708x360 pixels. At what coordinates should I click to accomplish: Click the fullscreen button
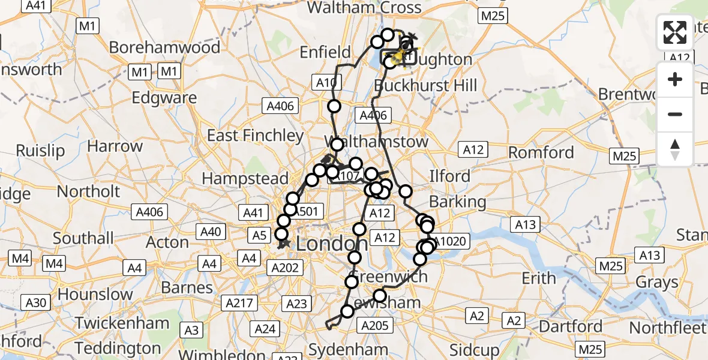point(675,32)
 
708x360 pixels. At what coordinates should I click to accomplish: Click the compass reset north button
point(675,149)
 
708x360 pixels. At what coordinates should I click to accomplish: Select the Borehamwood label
point(164,47)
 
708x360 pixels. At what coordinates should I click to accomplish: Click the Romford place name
point(542,152)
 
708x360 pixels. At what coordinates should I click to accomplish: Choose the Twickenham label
point(122,323)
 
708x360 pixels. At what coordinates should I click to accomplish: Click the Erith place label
point(538,278)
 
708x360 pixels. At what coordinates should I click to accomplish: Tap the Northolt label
point(88,191)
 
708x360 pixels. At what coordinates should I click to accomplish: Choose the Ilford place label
point(449,176)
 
